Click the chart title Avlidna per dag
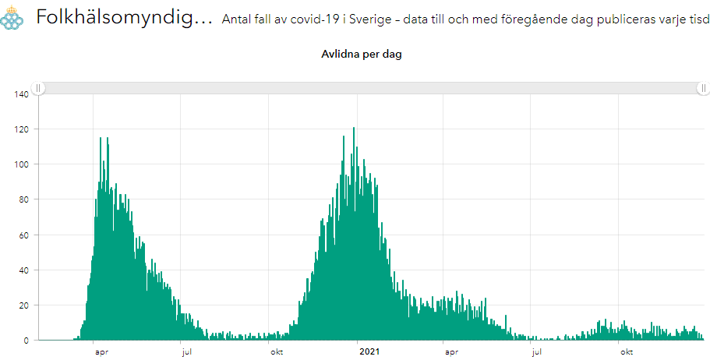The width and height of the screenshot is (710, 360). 362,55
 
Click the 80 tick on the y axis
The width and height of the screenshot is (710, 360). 23,199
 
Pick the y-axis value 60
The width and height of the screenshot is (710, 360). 23,235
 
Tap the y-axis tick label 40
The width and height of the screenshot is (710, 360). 23,270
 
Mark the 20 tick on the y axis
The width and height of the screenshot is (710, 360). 23,305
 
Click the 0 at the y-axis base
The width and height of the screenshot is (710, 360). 25,341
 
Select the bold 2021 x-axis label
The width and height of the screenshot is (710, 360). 369,351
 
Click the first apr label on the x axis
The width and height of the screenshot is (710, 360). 101,351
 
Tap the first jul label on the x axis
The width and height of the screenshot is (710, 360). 187,351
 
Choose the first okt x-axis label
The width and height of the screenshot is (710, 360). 276,351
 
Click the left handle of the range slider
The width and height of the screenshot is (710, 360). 38,89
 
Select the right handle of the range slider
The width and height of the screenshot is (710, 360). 702,89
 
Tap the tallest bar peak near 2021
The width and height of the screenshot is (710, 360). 354,129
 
